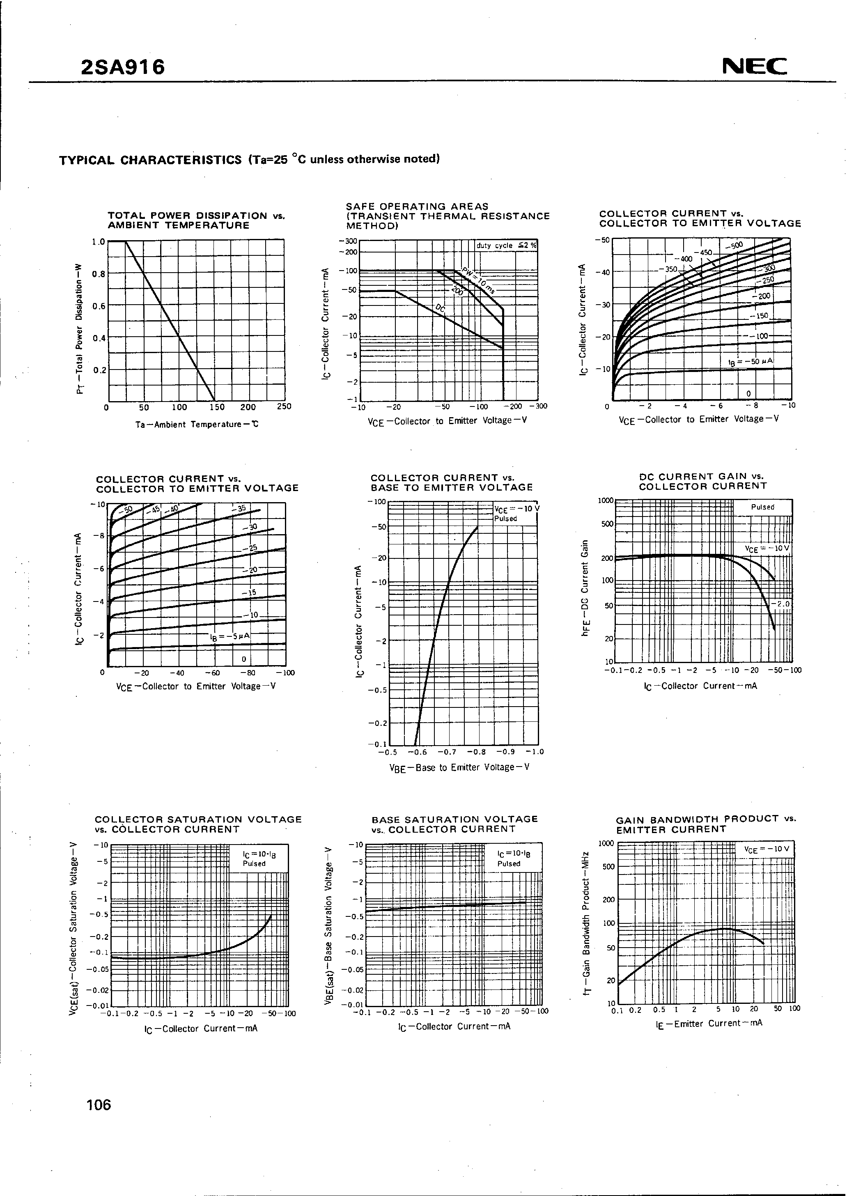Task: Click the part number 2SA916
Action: (x=123, y=67)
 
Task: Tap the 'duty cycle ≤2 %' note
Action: (x=506, y=246)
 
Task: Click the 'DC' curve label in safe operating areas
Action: (x=441, y=309)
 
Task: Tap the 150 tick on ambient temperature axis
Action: (x=214, y=407)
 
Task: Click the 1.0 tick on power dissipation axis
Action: (x=98, y=242)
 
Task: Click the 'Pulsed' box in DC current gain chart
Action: (x=762, y=507)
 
